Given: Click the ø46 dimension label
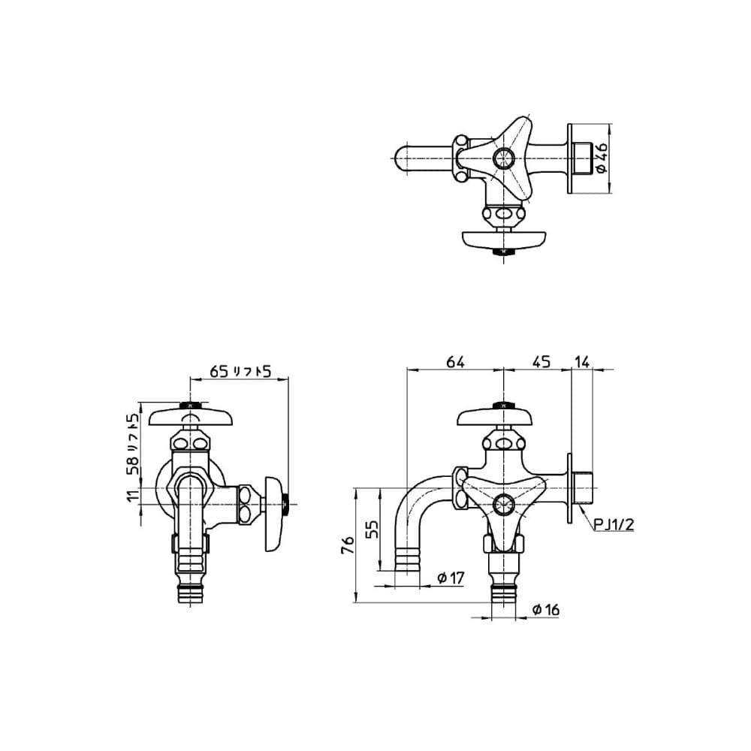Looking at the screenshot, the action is click(x=601, y=158).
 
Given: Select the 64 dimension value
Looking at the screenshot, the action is click(x=455, y=362).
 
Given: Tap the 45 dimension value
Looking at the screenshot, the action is click(x=541, y=362).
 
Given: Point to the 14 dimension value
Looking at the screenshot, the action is click(x=582, y=362).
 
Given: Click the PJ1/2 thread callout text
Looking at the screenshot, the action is click(x=614, y=524).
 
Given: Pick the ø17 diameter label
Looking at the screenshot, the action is click(x=451, y=578).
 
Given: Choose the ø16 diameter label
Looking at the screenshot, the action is click(x=545, y=610).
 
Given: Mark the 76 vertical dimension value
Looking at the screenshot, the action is click(x=347, y=545).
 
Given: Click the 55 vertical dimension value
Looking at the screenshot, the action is click(x=372, y=529).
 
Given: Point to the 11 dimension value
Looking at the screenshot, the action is click(x=133, y=494).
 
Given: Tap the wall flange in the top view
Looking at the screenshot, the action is click(x=569, y=158).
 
